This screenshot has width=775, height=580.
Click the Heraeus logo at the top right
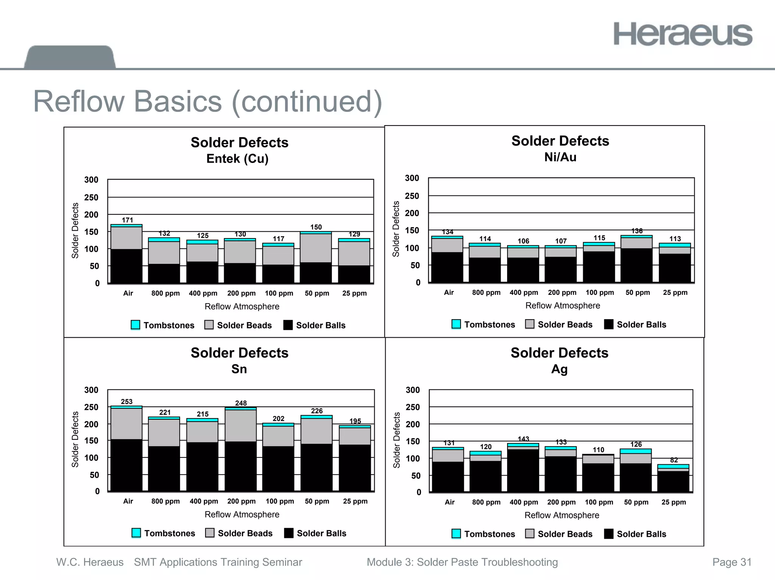coord(683,34)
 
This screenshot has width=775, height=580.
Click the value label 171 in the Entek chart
coord(128,220)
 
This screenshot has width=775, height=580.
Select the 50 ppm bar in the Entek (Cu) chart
coord(316,257)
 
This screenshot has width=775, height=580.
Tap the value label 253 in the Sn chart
coord(127,402)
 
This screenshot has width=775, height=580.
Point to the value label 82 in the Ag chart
coord(674,460)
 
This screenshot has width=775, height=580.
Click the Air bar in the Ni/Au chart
coord(447,259)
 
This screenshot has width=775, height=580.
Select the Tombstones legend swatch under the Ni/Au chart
coord(456,324)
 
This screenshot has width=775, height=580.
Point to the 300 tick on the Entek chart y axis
coord(91,180)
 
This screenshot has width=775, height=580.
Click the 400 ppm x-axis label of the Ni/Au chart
coord(524,292)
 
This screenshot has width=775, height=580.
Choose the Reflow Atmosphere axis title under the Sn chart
coord(242,514)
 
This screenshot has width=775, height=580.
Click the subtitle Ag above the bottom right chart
coord(559,369)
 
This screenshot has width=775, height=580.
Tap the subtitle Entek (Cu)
coord(237,158)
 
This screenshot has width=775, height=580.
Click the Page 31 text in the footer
coord(732,562)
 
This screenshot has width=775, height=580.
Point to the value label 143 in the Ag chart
coord(523,439)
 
